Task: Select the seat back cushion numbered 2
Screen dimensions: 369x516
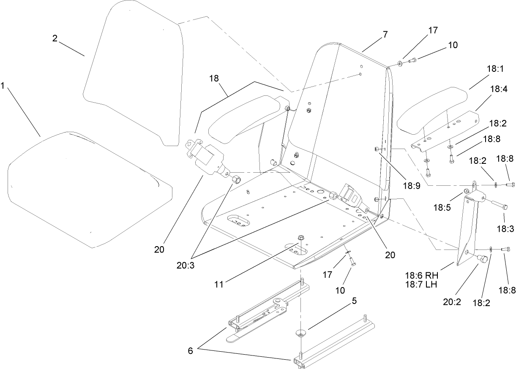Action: [131, 72]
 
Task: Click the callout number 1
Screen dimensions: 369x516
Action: [3, 86]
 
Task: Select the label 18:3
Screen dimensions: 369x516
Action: [504, 229]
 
